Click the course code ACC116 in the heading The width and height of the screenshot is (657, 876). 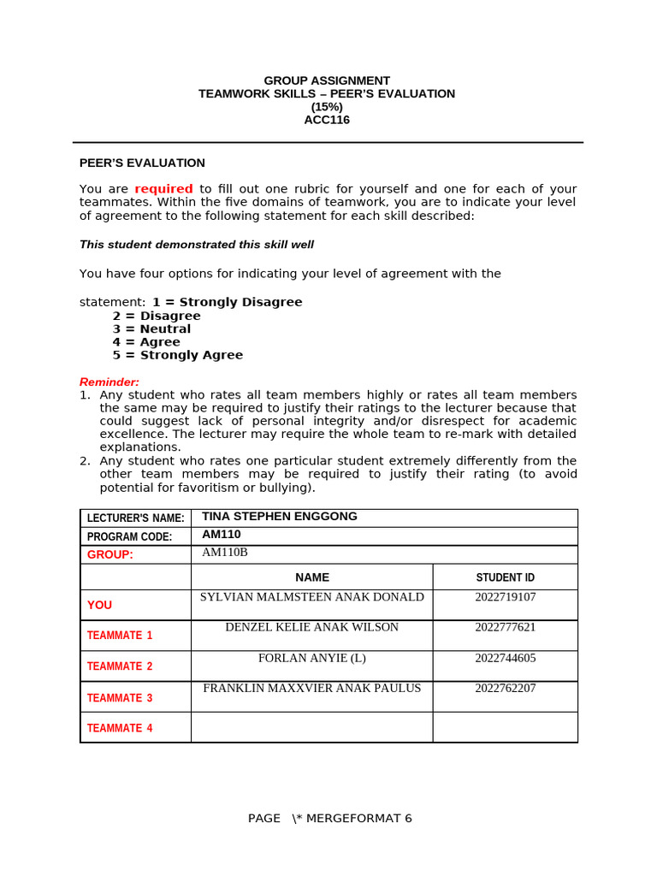pos(327,120)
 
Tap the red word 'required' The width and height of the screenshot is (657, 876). pos(163,189)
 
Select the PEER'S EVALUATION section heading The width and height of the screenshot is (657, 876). pos(142,163)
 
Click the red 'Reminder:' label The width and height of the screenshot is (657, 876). pos(109,382)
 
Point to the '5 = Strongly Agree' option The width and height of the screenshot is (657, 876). pos(177,355)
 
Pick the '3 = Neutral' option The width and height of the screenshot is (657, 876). pos(151,328)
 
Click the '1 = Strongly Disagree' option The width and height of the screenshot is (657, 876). pos(227,302)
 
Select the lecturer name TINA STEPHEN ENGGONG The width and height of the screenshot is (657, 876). pos(279,517)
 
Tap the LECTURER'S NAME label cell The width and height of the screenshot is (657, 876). pos(135,518)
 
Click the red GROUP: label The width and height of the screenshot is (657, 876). pos(110,554)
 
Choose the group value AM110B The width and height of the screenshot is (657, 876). pos(224,553)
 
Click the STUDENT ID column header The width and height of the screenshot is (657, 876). pos(505,577)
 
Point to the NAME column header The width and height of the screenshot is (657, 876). pos(311,577)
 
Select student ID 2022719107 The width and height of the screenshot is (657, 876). pos(505,597)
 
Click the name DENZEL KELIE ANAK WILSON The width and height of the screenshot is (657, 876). pos(311,627)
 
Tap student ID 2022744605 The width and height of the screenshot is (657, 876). pos(505,658)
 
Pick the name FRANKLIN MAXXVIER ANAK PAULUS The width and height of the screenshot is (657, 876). pos(311,688)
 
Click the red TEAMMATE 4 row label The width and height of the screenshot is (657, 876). pos(120,728)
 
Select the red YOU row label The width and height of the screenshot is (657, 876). pos(99,605)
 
